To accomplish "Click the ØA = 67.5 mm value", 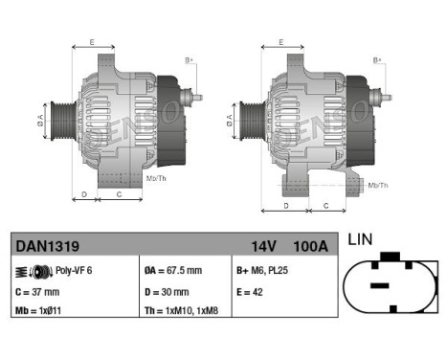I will [x=174, y=272].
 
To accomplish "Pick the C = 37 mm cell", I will [x=37, y=292].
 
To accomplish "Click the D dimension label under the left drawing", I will [x=83, y=195].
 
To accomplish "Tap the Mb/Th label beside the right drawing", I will [x=378, y=184].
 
